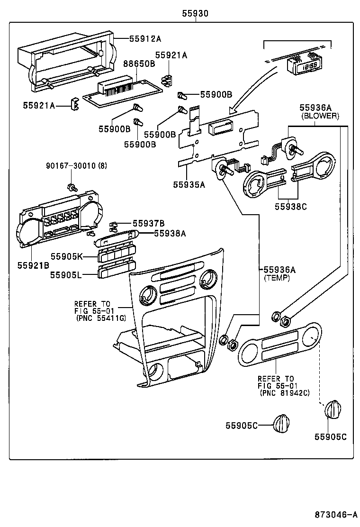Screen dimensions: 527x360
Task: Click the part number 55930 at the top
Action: [x=195, y=14]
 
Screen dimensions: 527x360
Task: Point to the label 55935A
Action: [x=189, y=185]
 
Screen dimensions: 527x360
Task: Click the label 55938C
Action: [x=290, y=206]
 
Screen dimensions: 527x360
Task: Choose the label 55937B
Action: [x=148, y=223]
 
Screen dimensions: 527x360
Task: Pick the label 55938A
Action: [x=156, y=233]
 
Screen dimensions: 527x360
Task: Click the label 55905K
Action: [x=67, y=256]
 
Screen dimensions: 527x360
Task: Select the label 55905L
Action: [x=67, y=274]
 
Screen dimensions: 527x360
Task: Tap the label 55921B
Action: [x=33, y=265]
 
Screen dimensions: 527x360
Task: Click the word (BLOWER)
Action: [x=320, y=115]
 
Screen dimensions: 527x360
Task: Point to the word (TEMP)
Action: [x=277, y=278]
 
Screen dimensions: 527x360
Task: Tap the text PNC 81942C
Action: [x=284, y=393]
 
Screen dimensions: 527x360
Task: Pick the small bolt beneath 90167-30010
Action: [x=72, y=187]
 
